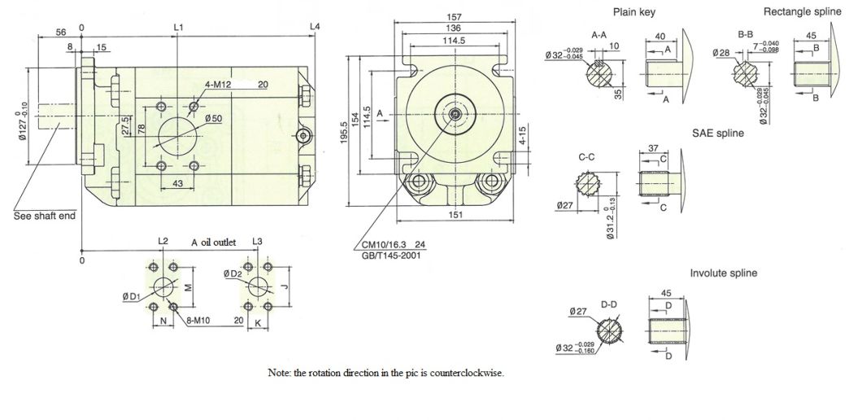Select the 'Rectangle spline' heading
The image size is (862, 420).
[796, 11]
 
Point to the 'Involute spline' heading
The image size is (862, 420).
[723, 273]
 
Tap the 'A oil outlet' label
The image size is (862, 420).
[212, 243]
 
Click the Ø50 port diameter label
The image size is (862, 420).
[214, 119]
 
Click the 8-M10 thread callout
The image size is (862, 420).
[200, 321]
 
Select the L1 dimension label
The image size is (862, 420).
[179, 28]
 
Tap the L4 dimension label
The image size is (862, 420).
[316, 28]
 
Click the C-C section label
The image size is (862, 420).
[586, 155]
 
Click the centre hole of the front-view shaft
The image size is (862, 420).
[453, 114]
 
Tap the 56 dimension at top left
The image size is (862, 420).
[60, 33]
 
